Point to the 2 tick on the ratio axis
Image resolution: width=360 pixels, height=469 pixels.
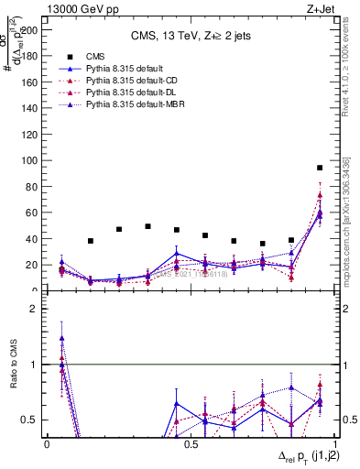click(x=38, y=309)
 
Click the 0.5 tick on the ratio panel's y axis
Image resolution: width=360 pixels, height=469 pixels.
click(x=33, y=420)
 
